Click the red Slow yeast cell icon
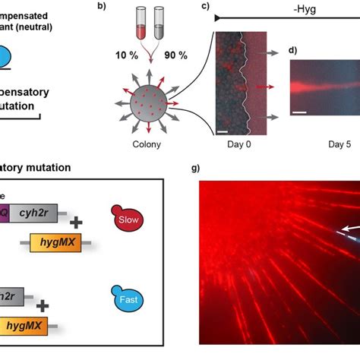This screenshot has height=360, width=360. click(x=125, y=219)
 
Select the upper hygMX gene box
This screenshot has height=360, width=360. click(x=52, y=244)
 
